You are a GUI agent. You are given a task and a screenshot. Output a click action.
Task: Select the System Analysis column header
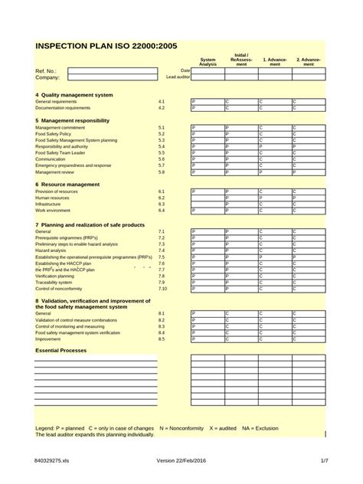pyautogui.click(x=208, y=62)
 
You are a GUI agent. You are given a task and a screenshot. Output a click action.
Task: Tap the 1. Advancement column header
pyautogui.click(x=275, y=62)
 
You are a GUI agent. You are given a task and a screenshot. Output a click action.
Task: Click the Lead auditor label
pyautogui.click(x=178, y=77)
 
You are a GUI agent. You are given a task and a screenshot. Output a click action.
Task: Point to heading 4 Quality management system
pyautogui.click(x=74, y=94)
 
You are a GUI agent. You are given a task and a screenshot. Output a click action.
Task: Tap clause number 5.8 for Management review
pyautogui.click(x=162, y=172)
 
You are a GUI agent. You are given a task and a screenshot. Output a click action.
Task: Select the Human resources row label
pyautogui.click(x=52, y=198)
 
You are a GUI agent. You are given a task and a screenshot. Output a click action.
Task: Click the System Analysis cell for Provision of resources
pyautogui.click(x=208, y=191)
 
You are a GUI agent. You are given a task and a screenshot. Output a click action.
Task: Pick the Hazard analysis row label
pyautogui.click(x=51, y=250)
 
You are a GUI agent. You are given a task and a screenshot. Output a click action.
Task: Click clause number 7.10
pyautogui.click(x=162, y=289)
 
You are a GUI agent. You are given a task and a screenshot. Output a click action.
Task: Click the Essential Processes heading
pyautogui.click(x=61, y=350)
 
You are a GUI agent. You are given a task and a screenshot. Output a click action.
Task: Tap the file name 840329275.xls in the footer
pyautogui.click(x=52, y=461)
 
